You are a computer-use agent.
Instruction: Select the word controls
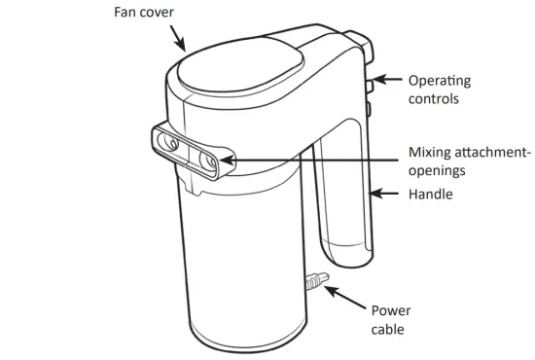pyautogui.click(x=433, y=99)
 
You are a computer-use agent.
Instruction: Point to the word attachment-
pyautogui.click(x=491, y=153)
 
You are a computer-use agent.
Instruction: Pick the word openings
pyautogui.click(x=435, y=171)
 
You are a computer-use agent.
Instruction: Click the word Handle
pyautogui.click(x=430, y=195)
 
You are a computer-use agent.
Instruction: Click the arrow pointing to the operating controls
pyautogui.click(x=387, y=80)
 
